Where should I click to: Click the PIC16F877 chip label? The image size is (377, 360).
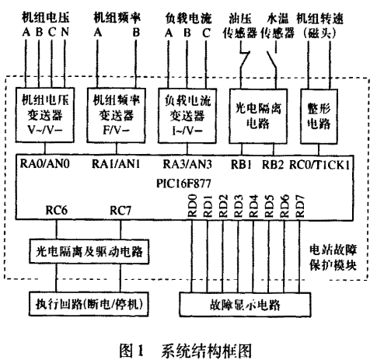tap(183, 183)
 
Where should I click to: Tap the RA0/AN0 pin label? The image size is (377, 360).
tap(45, 164)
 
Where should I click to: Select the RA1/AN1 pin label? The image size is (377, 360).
tap(116, 164)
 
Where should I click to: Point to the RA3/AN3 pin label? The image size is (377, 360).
tap(187, 164)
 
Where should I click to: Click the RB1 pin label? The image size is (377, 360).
tap(241, 165)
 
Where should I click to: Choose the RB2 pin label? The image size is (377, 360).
tap(273, 165)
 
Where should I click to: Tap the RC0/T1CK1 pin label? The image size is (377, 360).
tap(319, 165)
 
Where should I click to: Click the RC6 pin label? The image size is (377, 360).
tap(57, 210)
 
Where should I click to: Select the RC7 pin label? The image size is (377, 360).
tap(120, 210)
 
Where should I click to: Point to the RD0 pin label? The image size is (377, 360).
tap(192, 206)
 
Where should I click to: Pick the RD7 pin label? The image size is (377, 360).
tap(300, 206)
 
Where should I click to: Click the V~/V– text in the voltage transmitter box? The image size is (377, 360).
tap(45, 130)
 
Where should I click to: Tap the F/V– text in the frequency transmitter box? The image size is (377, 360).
tap(116, 130)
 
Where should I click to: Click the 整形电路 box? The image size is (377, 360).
tap(319, 117)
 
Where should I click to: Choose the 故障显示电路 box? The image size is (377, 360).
tap(245, 305)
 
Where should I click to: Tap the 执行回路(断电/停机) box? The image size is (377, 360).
tap(89, 304)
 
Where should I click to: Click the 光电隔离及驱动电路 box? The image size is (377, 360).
tap(89, 251)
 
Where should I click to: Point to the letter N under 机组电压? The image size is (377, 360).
tap(65, 32)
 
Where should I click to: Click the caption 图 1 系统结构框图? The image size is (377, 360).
tap(186, 351)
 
